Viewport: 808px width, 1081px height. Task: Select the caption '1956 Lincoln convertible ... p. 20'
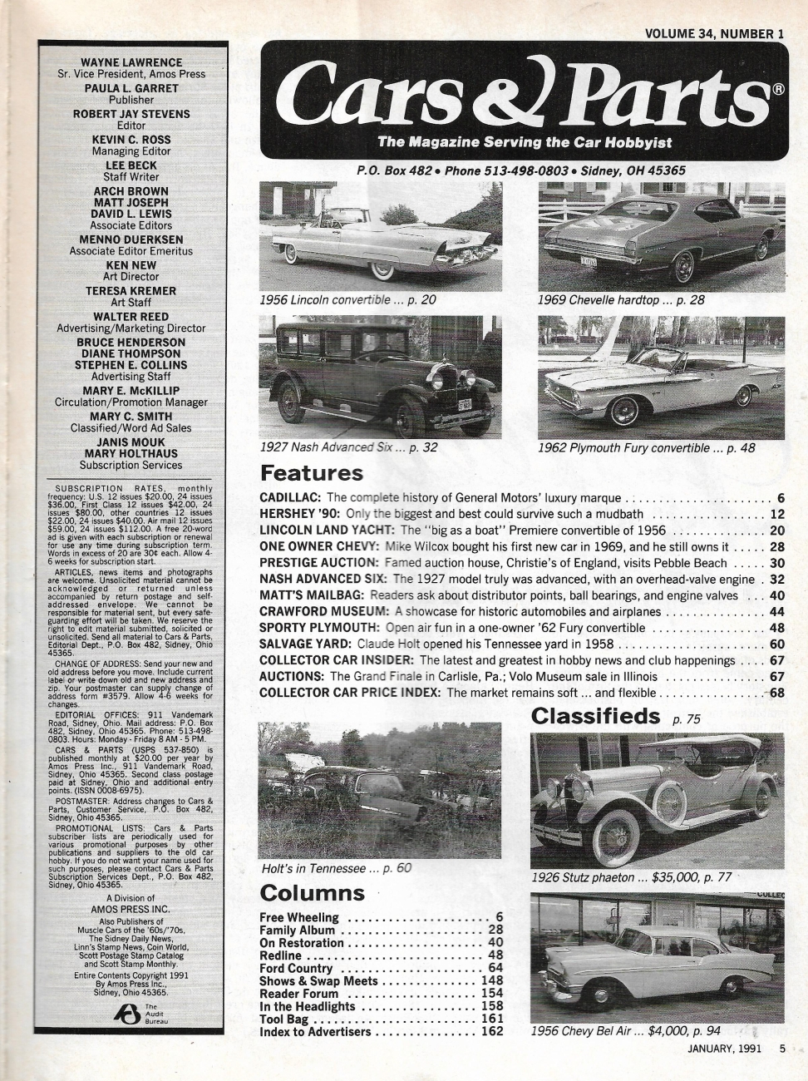(x=347, y=300)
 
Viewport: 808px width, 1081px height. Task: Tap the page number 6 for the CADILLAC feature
(x=781, y=498)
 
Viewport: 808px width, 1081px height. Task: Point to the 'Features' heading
(x=312, y=473)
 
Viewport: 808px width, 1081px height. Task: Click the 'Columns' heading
(x=312, y=893)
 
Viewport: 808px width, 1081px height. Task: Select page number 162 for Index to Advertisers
(x=492, y=1032)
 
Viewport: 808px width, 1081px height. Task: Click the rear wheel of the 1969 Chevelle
(x=683, y=265)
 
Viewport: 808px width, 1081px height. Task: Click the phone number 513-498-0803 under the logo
(x=529, y=170)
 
